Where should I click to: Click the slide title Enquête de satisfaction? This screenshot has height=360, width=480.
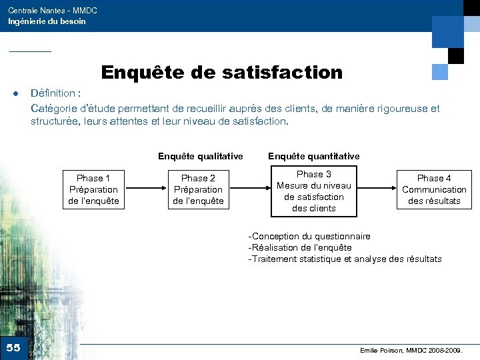coord(221,72)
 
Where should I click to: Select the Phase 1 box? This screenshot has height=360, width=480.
coord(93,189)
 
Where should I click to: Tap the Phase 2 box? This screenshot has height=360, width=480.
coord(198,189)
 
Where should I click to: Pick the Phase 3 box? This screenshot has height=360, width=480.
coord(313,191)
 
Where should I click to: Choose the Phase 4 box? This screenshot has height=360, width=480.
coord(434,189)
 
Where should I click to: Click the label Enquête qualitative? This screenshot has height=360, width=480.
coord(200,156)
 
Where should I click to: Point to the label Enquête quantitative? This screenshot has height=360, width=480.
coord(313,156)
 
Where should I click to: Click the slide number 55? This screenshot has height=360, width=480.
coord(13,347)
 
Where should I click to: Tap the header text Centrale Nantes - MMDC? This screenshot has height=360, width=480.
coord(53,11)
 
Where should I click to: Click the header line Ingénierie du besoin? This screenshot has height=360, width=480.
coord(47,21)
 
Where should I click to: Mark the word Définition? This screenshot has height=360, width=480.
coord(53,94)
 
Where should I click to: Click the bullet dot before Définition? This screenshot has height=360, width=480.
coord(15,94)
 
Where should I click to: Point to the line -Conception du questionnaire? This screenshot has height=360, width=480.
coord(309,236)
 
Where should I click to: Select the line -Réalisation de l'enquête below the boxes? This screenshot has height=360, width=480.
coord(300,247)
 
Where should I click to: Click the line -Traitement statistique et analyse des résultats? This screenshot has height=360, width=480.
coord(345,259)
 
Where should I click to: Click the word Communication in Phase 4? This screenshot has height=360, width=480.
coord(434,189)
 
